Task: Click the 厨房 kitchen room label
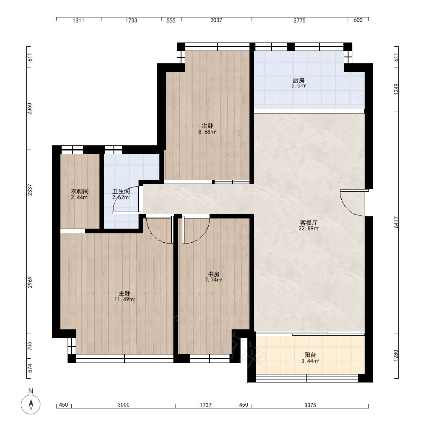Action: click(298, 80)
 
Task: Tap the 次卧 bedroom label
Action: click(207, 126)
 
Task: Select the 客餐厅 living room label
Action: click(309, 223)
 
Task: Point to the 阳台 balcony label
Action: click(310, 355)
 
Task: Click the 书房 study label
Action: click(214, 274)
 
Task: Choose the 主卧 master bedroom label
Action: click(125, 294)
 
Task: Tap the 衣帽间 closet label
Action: click(80, 192)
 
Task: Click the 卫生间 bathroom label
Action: click(121, 192)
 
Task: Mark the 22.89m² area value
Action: click(309, 229)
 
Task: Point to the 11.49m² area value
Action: click(125, 300)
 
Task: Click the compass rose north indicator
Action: click(31, 405)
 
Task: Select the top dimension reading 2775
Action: click(300, 20)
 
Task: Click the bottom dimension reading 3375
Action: click(310, 405)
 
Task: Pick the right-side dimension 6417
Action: click(396, 222)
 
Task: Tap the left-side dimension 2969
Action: click(30, 282)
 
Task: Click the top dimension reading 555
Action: click(171, 20)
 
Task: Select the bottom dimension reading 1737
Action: click(206, 405)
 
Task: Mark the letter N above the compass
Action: click(31, 391)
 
